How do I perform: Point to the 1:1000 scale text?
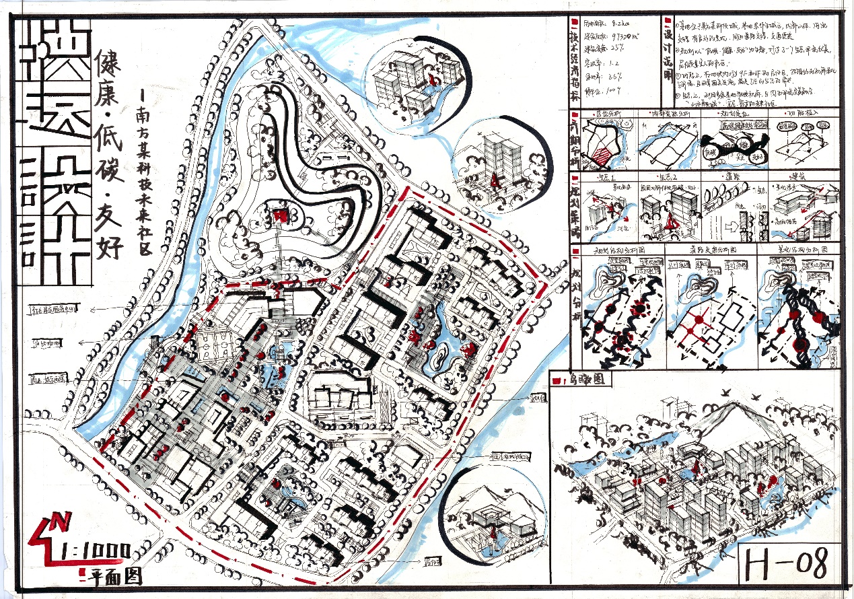(x=94, y=551)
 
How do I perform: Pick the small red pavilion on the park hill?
(x=280, y=215)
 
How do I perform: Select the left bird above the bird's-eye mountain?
(x=725, y=391)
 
